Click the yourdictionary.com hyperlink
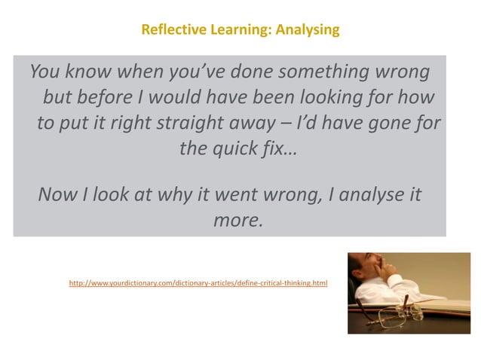(x=198, y=284)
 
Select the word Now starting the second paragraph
(x=57, y=196)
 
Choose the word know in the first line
(x=88, y=73)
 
